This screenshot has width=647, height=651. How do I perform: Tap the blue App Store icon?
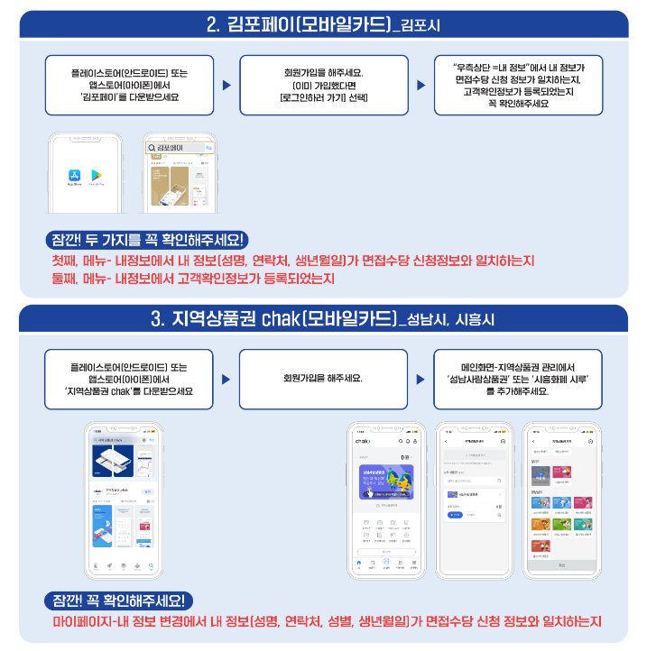tap(75, 176)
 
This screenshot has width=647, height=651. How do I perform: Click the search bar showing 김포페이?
tap(180, 148)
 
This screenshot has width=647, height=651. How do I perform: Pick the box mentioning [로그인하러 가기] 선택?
tap(323, 85)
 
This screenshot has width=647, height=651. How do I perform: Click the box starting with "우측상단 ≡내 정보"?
tap(517, 85)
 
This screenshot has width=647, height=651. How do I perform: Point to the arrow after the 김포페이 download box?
tap(226, 86)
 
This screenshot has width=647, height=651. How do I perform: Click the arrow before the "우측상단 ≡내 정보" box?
tap(421, 86)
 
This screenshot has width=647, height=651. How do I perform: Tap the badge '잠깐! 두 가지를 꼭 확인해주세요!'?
tap(151, 240)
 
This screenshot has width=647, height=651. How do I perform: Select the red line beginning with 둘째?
tap(192, 280)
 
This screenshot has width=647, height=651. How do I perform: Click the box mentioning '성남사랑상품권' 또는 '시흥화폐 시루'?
tap(517, 379)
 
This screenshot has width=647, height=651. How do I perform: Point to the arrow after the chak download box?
tap(226, 380)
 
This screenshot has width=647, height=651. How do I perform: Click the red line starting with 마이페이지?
tap(327, 621)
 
